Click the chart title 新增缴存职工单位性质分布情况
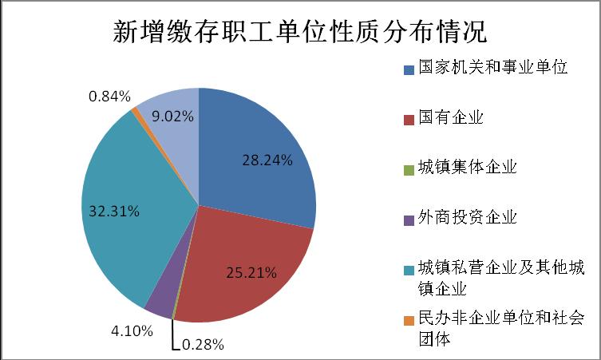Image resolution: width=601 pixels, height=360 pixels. [300, 31]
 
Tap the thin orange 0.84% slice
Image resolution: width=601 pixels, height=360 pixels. [135, 110]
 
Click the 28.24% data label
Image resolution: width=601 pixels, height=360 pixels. [267, 160]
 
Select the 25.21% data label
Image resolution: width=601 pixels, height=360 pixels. [251, 273]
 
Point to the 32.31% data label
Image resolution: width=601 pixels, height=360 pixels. [114, 212]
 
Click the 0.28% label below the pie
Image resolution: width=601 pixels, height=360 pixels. [203, 345]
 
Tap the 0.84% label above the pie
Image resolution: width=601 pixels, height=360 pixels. [109, 97]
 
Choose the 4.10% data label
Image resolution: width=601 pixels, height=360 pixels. [132, 330]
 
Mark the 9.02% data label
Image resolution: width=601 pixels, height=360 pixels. [172, 117]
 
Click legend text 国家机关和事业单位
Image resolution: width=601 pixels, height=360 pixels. [493, 67]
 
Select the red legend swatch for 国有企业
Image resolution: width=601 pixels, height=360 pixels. [409, 120]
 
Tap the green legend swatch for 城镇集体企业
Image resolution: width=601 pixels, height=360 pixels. [409, 170]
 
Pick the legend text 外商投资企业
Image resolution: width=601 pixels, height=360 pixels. [468, 217]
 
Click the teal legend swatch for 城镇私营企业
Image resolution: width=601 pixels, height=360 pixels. [409, 271]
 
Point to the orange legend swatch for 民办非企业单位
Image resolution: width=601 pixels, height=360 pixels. [409, 321]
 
